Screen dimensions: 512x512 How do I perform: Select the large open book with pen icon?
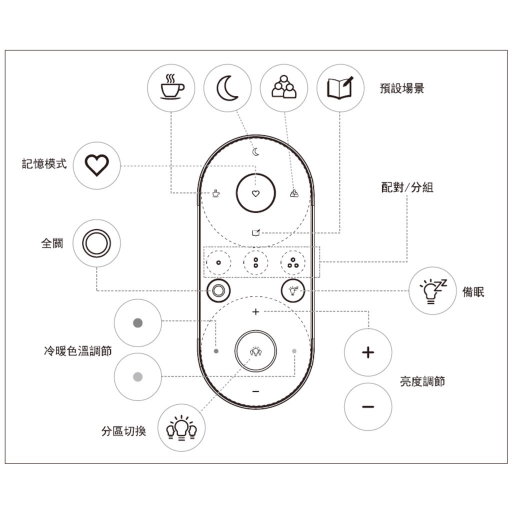click(340, 87)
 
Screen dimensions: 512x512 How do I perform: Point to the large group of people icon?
click(284, 87)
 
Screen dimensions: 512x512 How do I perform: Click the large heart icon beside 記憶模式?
click(96, 165)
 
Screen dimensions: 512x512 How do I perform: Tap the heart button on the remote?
click(255, 193)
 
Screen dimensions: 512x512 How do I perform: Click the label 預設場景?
click(401, 88)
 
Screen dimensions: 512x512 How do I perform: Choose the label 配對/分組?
click(407, 187)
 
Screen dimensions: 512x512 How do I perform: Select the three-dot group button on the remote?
click(293, 263)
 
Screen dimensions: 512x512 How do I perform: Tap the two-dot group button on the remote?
click(255, 263)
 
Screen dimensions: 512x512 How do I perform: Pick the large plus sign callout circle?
click(368, 352)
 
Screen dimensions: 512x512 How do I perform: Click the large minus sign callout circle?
click(368, 407)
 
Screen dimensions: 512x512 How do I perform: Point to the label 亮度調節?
click(422, 381)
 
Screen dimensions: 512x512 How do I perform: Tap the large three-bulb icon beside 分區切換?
click(181, 428)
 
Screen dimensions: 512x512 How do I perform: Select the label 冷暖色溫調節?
click(77, 351)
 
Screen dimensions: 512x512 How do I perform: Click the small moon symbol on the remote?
click(255, 152)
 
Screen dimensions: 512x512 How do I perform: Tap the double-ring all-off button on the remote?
click(218, 290)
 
